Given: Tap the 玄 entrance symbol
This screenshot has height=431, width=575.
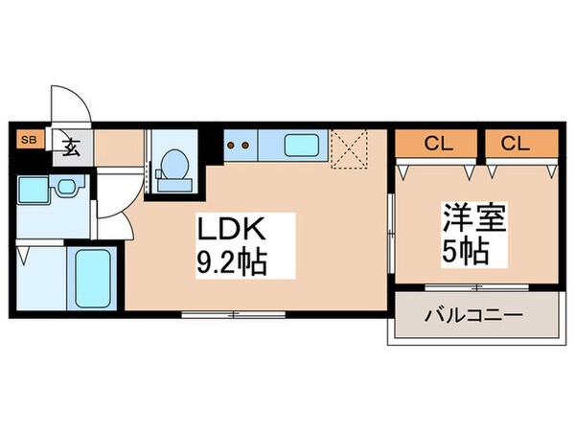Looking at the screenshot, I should [x=72, y=147].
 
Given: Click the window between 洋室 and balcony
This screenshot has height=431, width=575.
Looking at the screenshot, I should [x=475, y=287].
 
